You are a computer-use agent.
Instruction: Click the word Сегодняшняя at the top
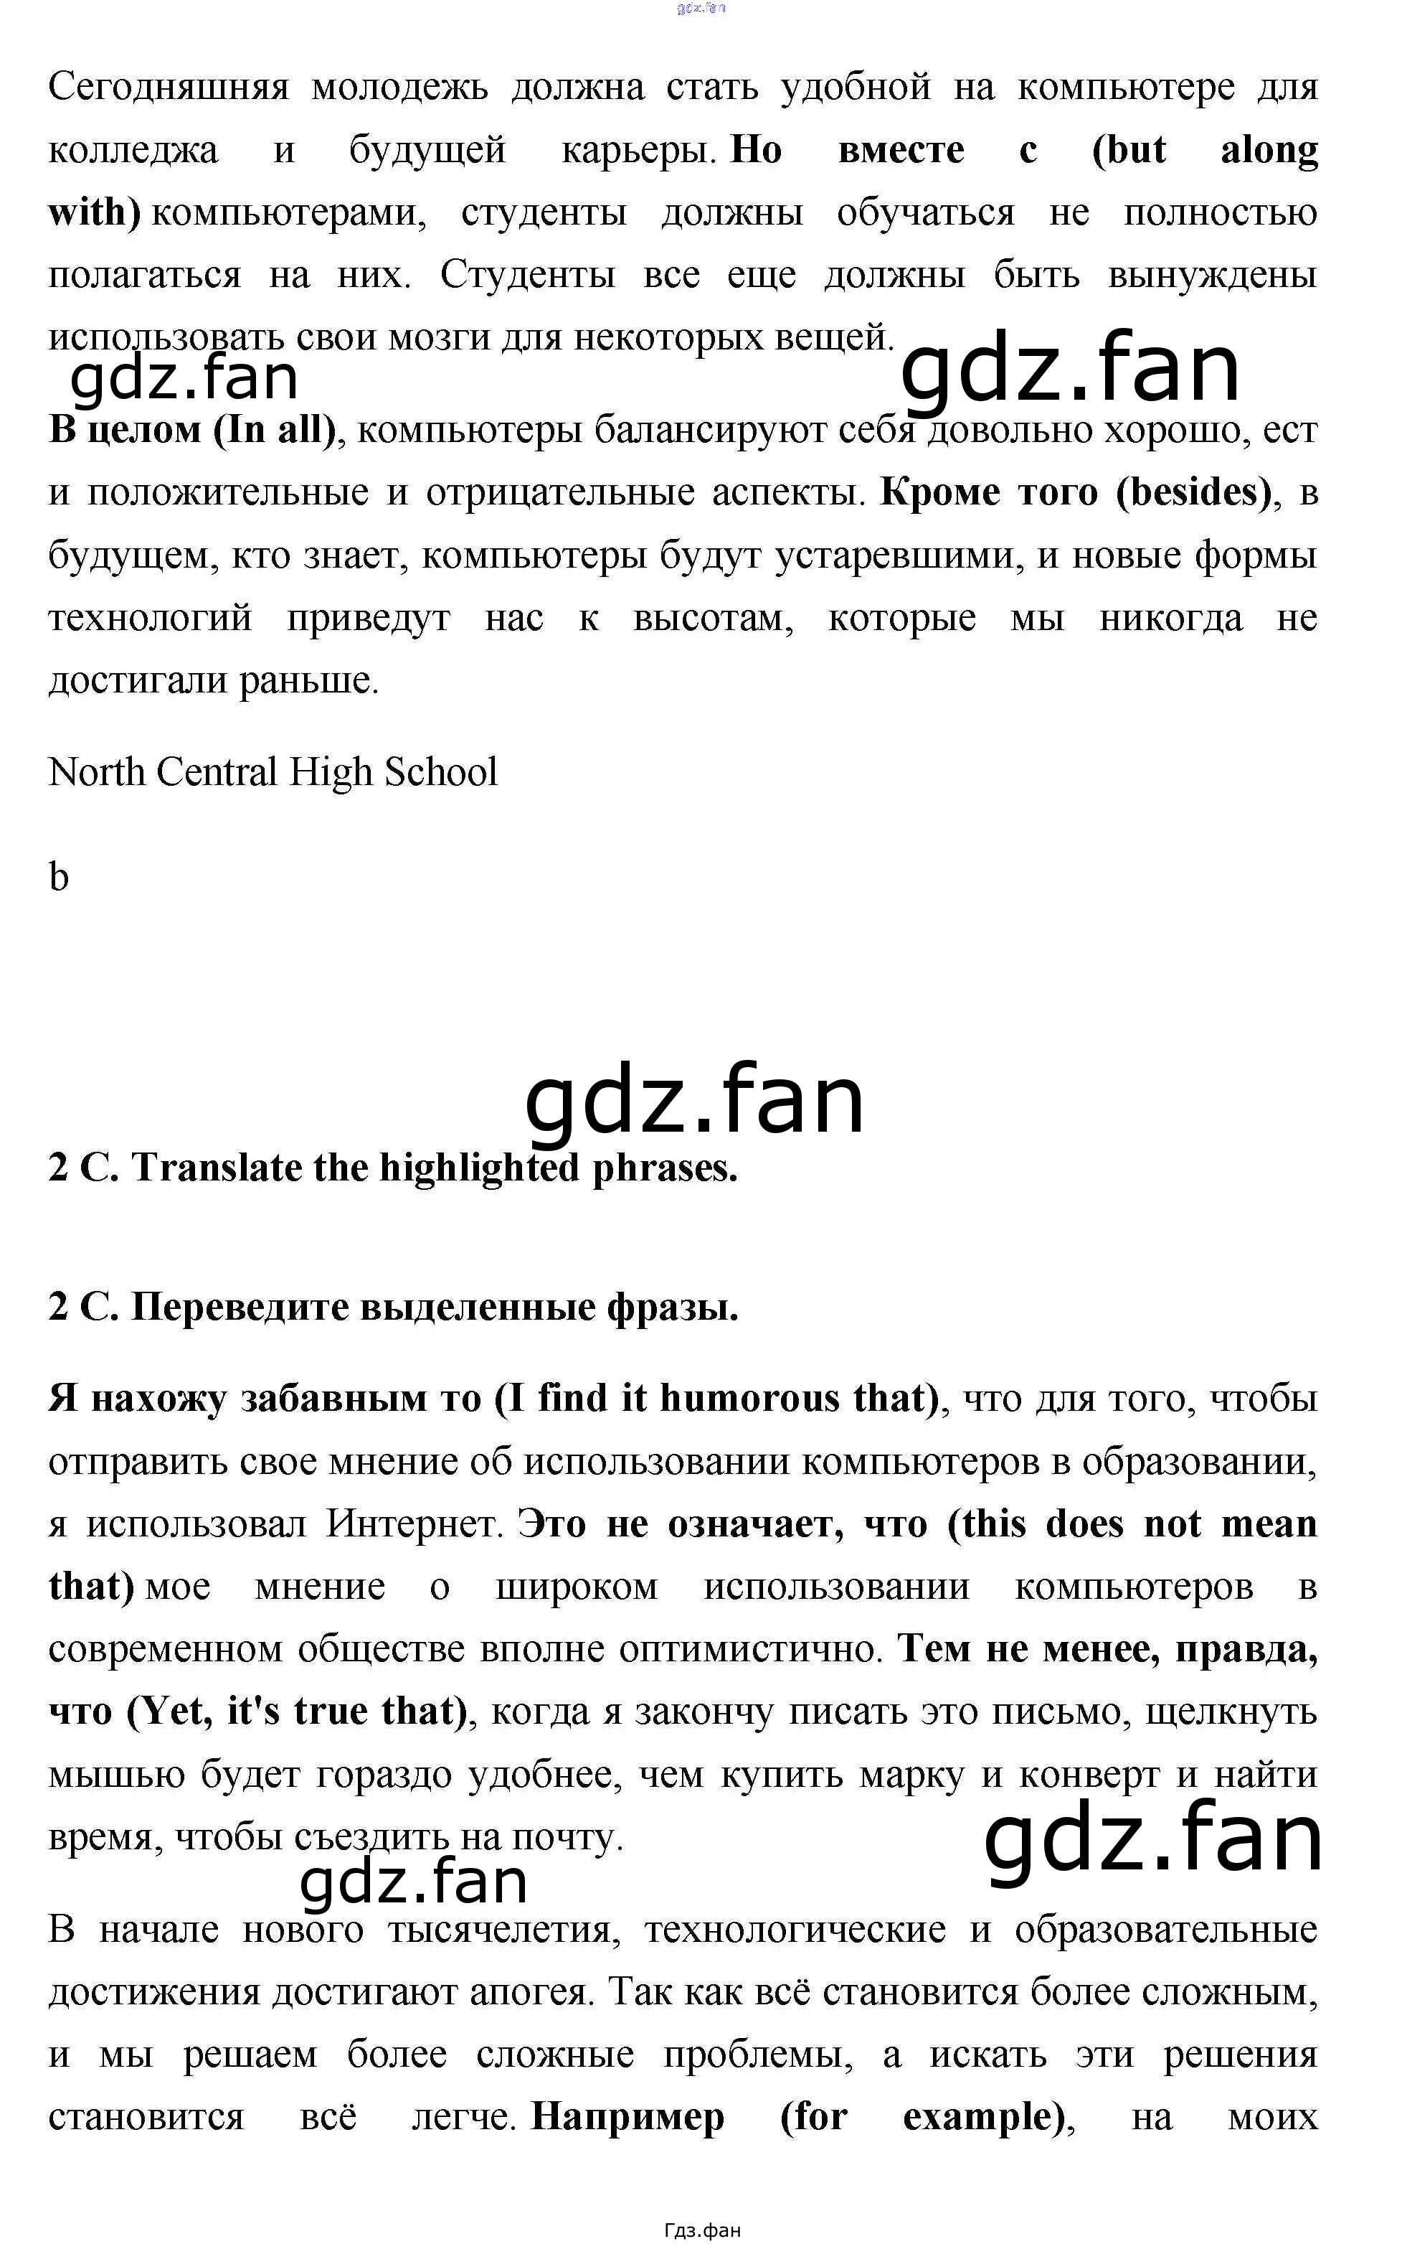click(169, 88)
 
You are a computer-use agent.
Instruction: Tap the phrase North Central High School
click(273, 772)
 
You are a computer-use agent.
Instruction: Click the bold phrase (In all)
click(275, 430)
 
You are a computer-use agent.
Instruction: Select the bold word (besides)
click(1193, 492)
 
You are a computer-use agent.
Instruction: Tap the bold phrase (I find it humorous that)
click(716, 1398)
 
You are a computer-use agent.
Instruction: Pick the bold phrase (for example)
click(923, 2117)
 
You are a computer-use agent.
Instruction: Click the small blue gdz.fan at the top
click(701, 9)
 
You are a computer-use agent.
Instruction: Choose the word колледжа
click(133, 150)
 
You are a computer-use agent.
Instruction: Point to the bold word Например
click(627, 2117)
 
